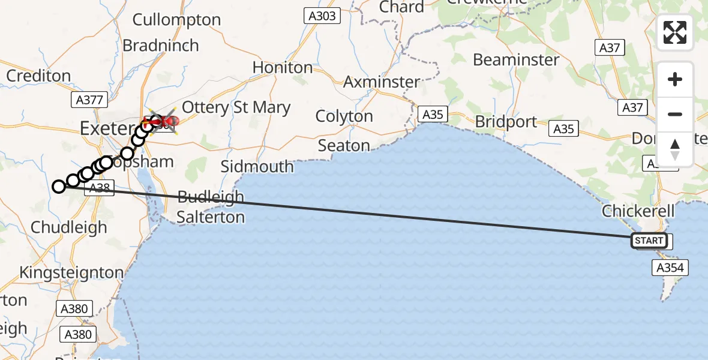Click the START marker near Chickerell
[649, 241]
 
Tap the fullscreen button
[675, 32]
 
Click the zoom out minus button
[675, 114]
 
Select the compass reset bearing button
[675, 149]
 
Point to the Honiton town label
[283, 67]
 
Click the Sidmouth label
[257, 166]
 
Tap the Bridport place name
[506, 122]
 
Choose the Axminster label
[382, 82]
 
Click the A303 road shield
[322, 16]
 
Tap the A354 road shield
[670, 268]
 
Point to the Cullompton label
[176, 20]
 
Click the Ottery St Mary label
[236, 108]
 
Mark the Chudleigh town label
[68, 227]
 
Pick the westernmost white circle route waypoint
[58, 187]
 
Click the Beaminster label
[516, 60]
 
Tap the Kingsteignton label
[71, 272]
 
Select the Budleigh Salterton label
[211, 206]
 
